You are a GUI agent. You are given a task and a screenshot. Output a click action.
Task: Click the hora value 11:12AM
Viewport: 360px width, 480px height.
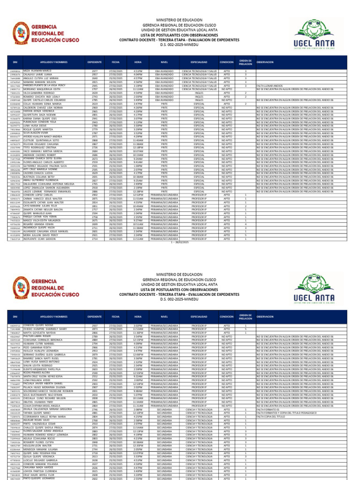click(x=138, y=89)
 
